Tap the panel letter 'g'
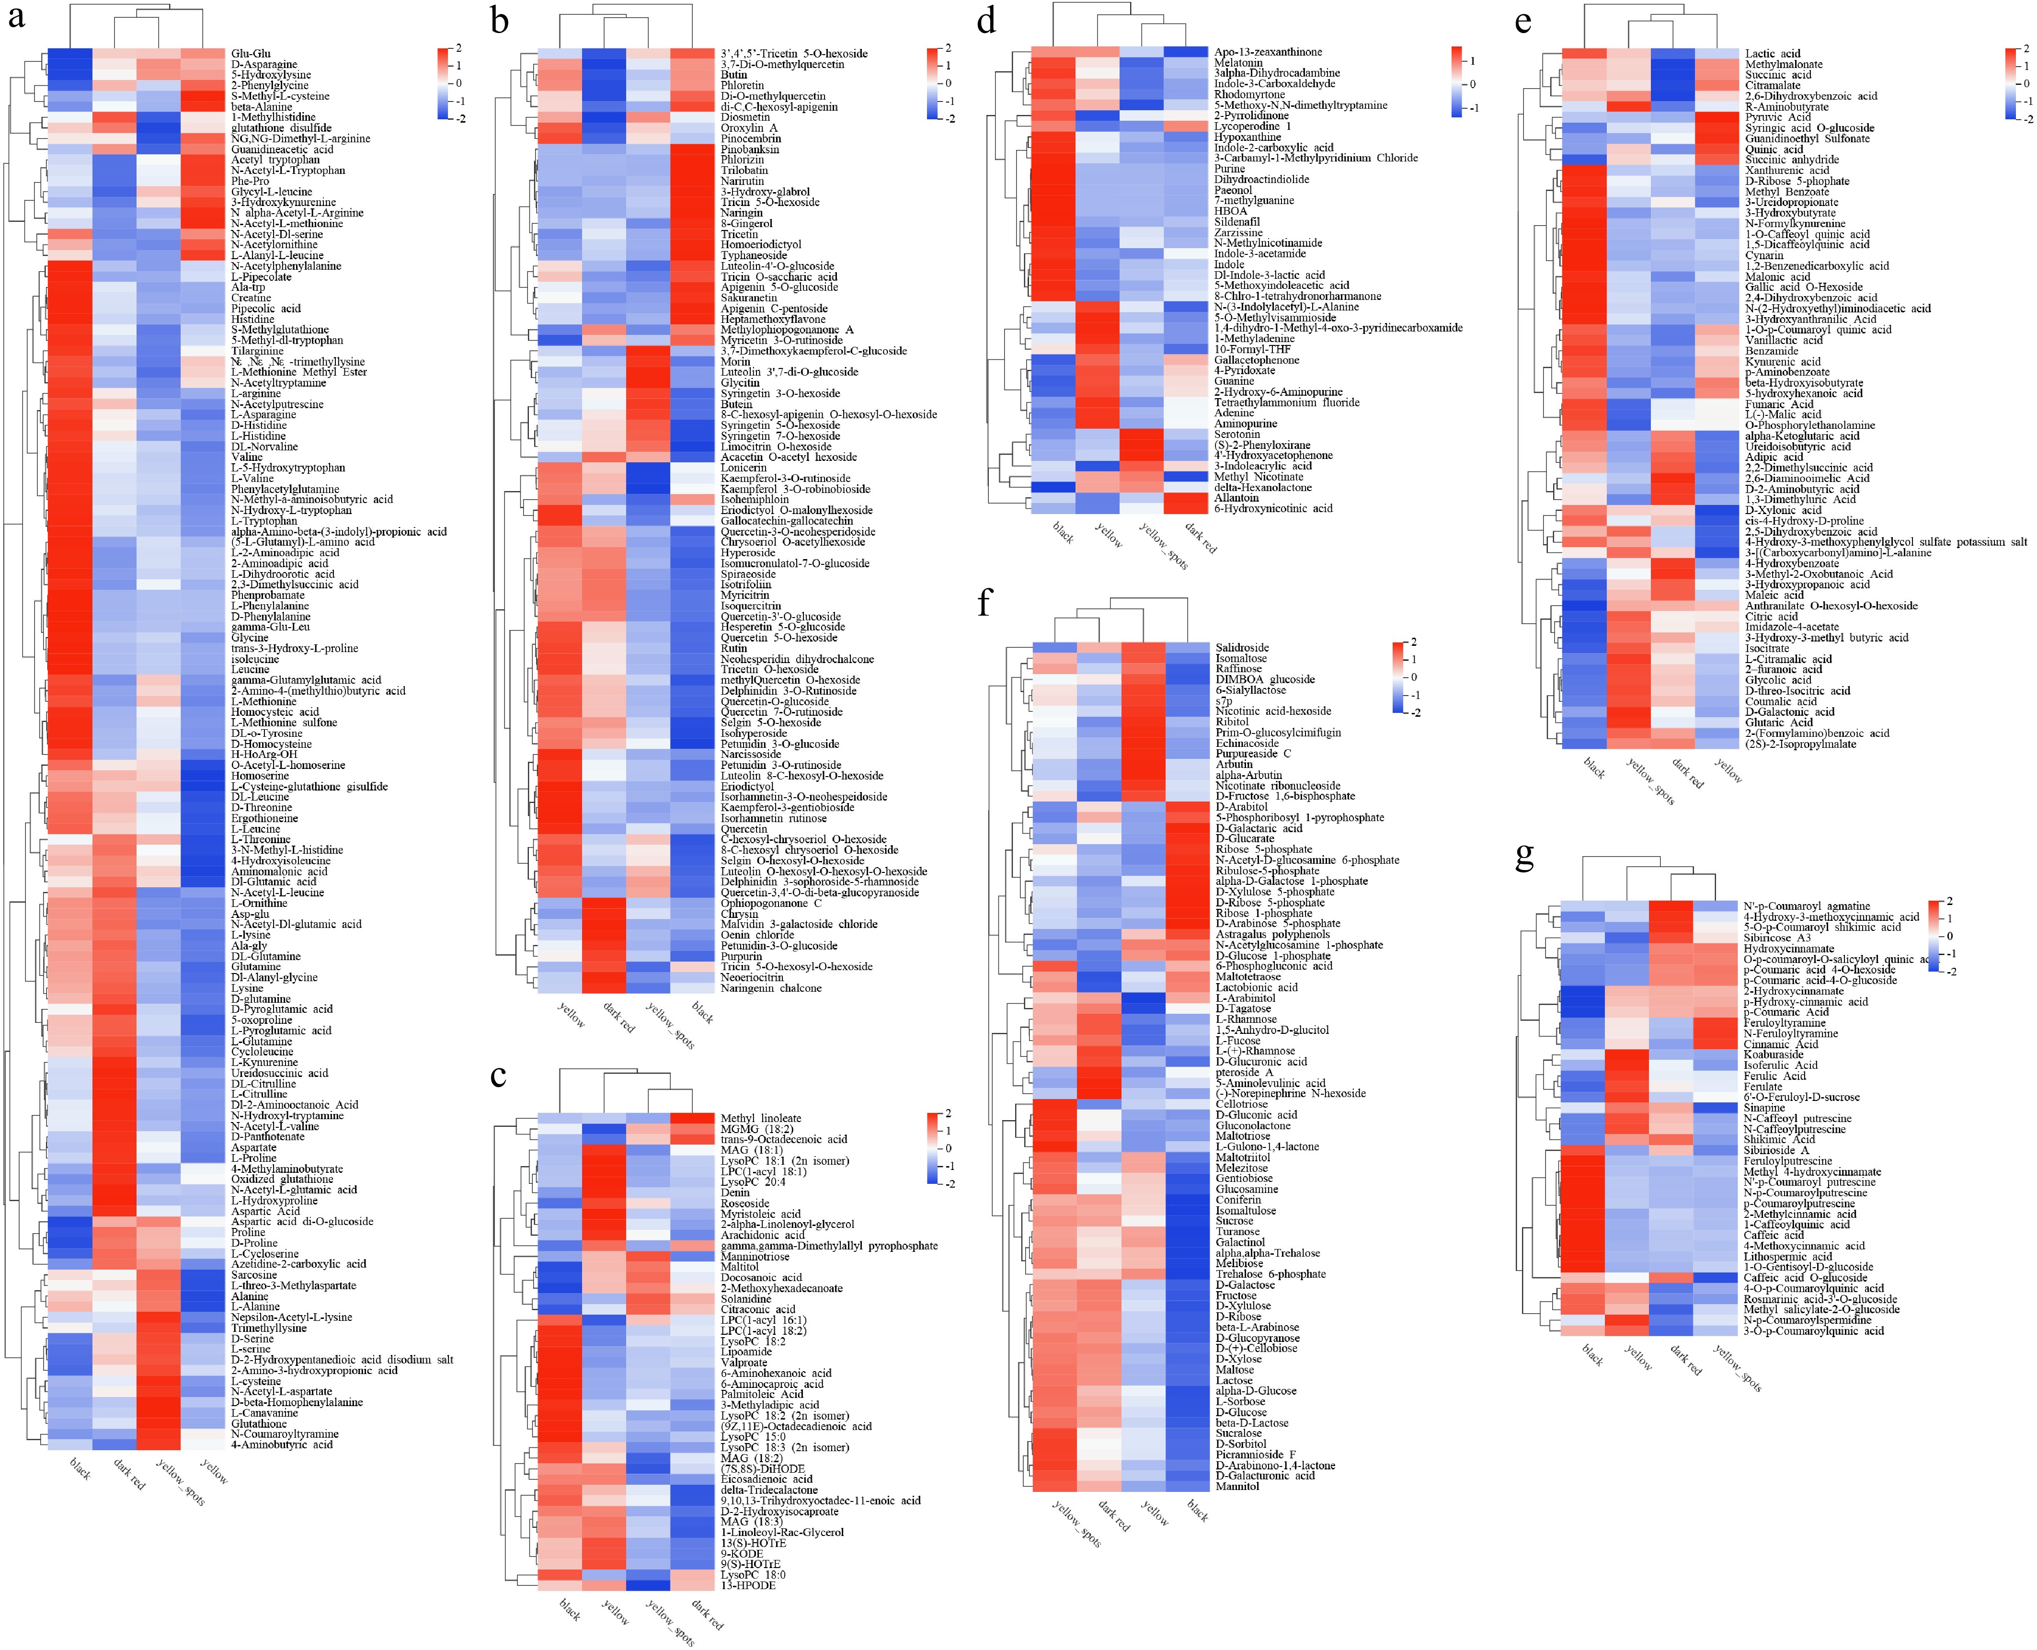pos(1525,856)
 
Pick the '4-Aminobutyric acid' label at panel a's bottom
pos(281,1444)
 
